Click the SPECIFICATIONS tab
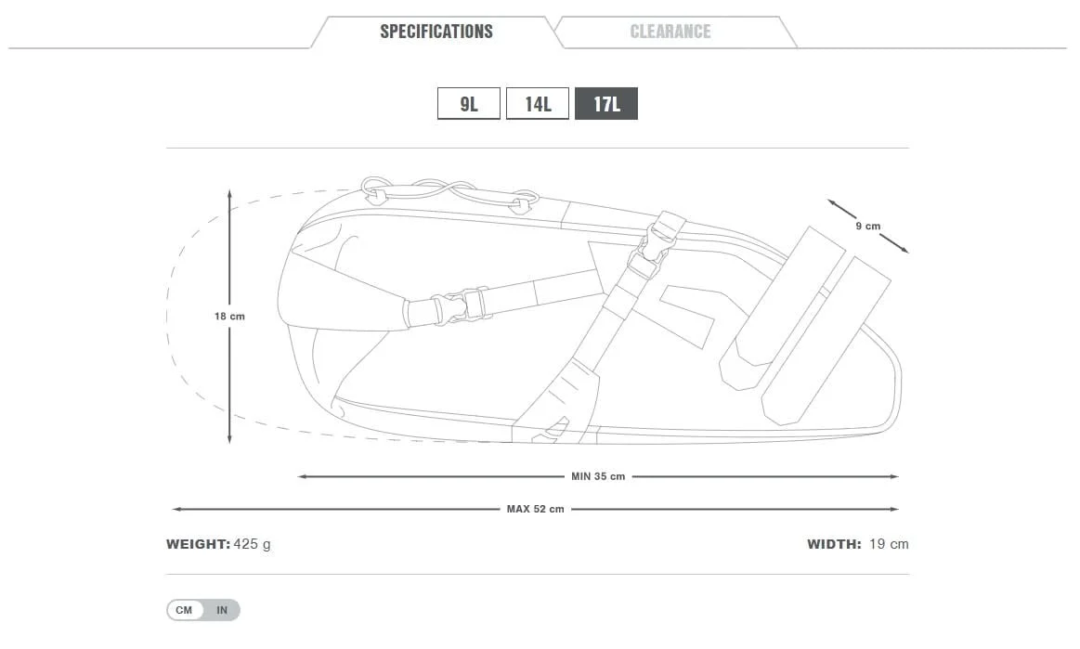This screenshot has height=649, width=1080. pos(436,32)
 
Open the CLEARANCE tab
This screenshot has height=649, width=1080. pos(670,32)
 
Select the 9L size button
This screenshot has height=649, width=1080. pos(469,104)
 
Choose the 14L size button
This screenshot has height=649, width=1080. pos(538,104)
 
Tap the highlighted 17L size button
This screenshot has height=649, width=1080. pos(606,104)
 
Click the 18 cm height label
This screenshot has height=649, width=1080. pos(229,317)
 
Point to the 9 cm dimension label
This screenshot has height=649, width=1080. pos(867,227)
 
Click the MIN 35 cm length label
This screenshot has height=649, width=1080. pos(598,476)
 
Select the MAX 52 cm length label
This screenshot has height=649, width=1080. pos(535,509)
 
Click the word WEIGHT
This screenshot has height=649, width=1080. pos(198,544)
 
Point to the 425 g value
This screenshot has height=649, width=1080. pos(253,544)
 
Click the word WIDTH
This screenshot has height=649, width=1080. pos(834,544)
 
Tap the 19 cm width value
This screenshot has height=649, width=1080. pos(889,544)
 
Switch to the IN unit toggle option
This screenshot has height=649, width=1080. pos(222,610)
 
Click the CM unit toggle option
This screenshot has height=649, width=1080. pos(185,610)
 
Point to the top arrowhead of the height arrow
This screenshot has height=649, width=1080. pos(229,193)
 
